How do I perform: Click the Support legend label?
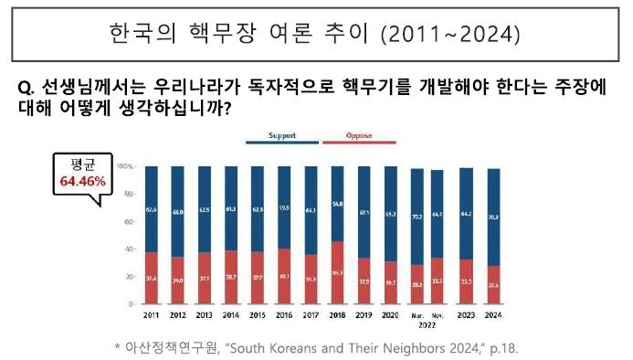[x=282, y=135]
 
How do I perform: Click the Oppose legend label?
[x=359, y=135]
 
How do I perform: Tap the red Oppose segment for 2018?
[x=337, y=272]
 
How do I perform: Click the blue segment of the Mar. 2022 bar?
[x=417, y=217]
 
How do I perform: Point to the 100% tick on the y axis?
[x=127, y=167]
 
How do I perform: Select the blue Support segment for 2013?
[x=205, y=209]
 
